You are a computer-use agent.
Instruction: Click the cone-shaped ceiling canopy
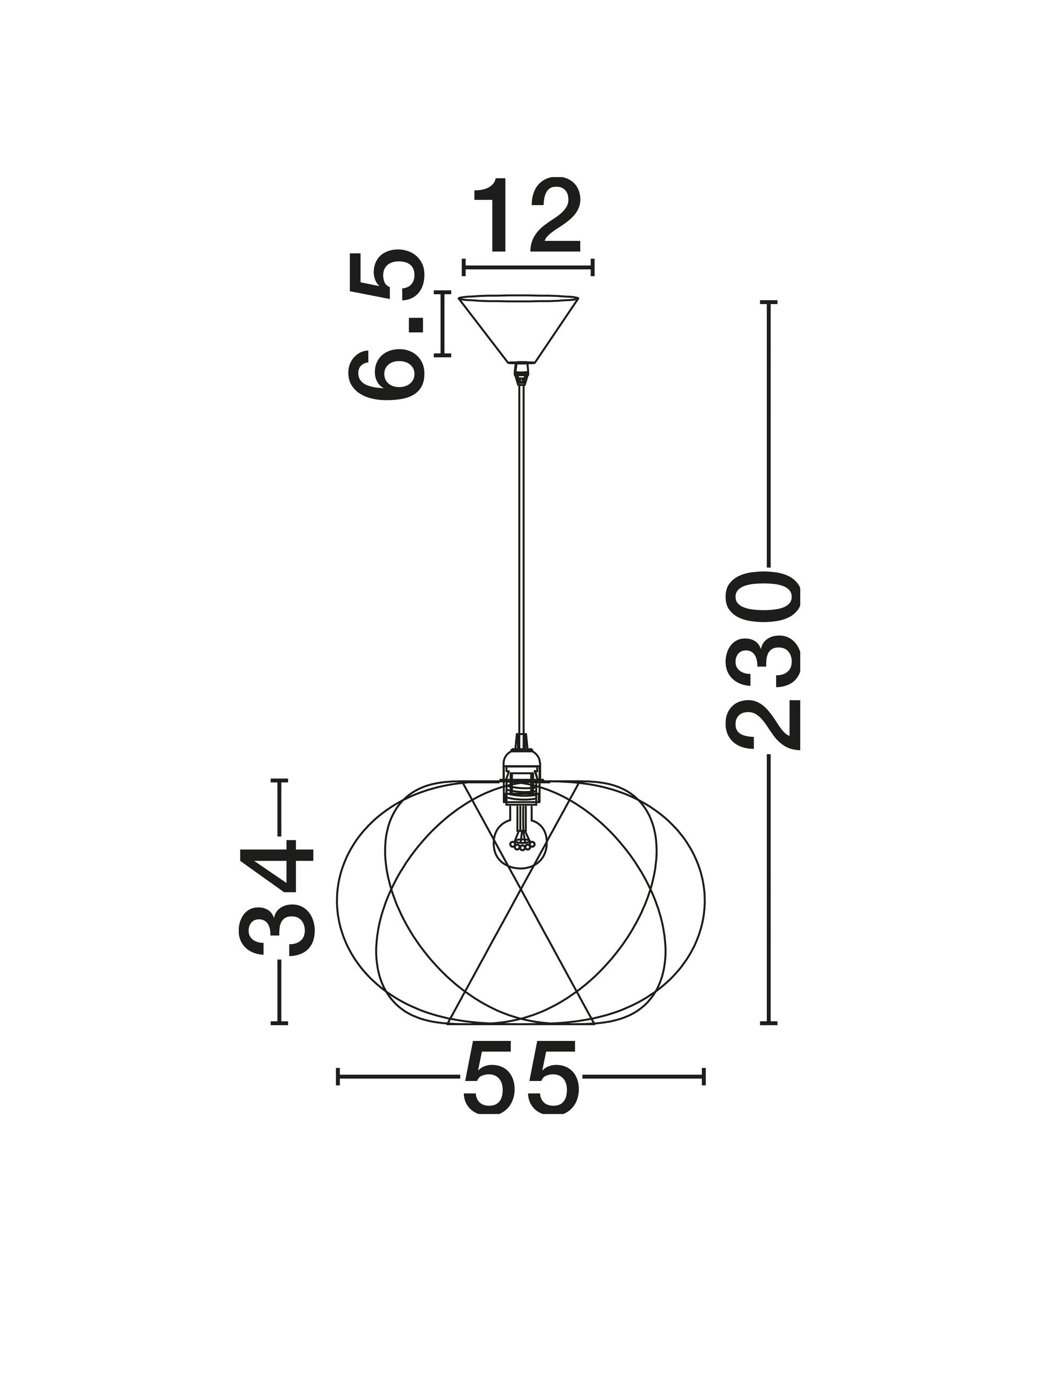[x=518, y=328]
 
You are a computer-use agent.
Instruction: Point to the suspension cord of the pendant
[x=521, y=560]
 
